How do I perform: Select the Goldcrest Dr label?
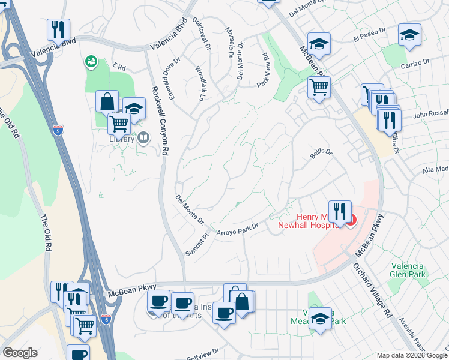pyautogui.click(x=202, y=32)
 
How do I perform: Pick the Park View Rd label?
pyautogui.click(x=263, y=70)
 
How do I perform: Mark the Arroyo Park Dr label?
pyautogui.click(x=237, y=229)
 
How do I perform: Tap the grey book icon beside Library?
pyautogui.click(x=143, y=139)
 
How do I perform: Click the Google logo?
pyautogui.click(x=20, y=353)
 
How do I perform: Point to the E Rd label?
pyautogui.click(x=118, y=67)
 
